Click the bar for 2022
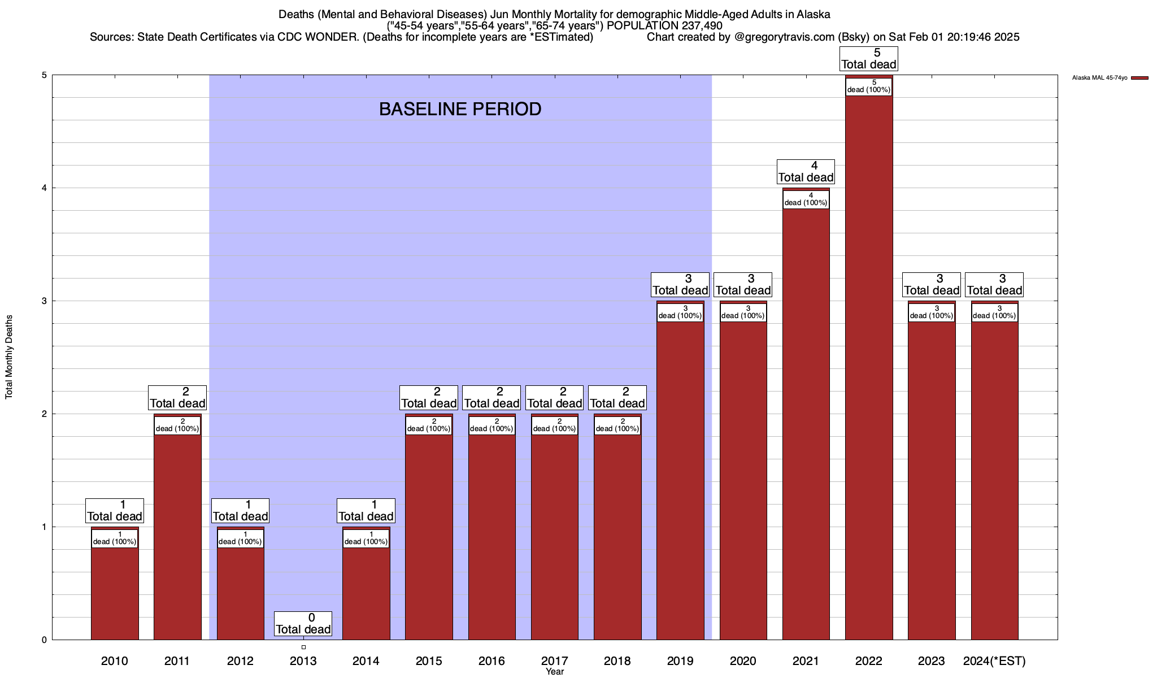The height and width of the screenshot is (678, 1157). pyautogui.click(x=869, y=367)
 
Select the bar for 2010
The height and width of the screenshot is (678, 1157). pyautogui.click(x=115, y=593)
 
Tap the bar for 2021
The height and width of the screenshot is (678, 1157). pyautogui.click(x=806, y=424)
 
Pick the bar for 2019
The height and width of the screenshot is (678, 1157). pyautogui.click(x=680, y=480)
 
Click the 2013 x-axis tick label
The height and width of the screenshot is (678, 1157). pyautogui.click(x=303, y=660)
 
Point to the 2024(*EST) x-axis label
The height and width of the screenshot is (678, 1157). pyautogui.click(x=994, y=660)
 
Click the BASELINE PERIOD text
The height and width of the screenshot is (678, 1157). pyautogui.click(x=460, y=109)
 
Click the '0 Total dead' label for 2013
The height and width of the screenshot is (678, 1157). pyautogui.click(x=303, y=624)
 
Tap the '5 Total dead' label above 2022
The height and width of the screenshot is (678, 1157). pyautogui.click(x=869, y=59)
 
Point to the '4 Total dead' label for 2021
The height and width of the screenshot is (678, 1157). pyautogui.click(x=806, y=172)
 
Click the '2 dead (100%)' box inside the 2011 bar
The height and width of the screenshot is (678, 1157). pyautogui.click(x=177, y=425)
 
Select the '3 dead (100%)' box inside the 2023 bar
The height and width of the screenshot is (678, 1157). pyautogui.click(x=932, y=312)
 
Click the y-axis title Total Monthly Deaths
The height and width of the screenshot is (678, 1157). pyautogui.click(x=9, y=357)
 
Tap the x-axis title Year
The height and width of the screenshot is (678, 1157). pyautogui.click(x=554, y=672)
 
